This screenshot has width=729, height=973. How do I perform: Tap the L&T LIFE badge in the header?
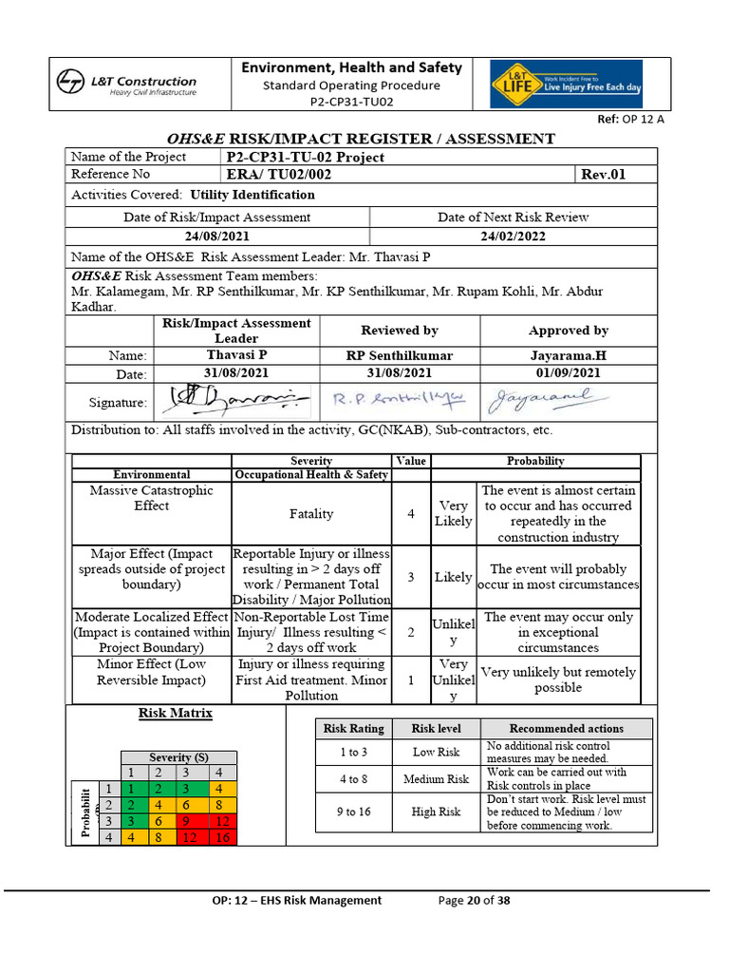click(x=566, y=85)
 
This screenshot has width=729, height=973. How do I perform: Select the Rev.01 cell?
click(x=603, y=174)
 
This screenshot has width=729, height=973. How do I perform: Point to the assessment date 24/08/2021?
click(x=216, y=236)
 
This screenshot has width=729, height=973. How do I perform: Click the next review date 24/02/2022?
click(x=513, y=236)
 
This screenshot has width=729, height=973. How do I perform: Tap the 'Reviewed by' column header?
click(x=400, y=331)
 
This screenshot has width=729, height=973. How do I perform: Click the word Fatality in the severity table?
click(x=311, y=514)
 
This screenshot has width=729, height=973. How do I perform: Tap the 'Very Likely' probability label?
click(x=453, y=514)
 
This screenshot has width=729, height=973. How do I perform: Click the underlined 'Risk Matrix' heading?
click(x=176, y=713)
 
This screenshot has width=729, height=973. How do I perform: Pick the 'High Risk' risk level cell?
click(x=436, y=812)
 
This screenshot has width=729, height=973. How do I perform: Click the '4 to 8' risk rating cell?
click(x=353, y=779)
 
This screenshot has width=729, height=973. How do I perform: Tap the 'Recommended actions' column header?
click(x=566, y=729)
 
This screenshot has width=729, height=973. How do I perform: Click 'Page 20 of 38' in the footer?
click(x=474, y=900)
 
